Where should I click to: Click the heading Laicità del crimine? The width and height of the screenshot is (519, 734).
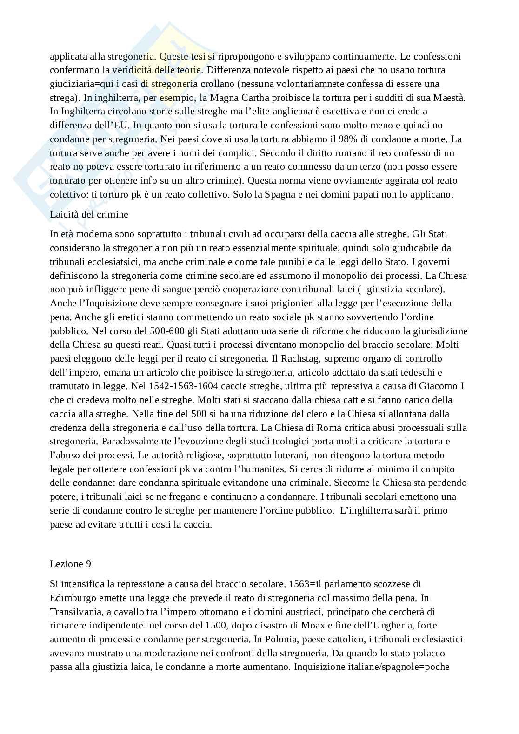point(89,214)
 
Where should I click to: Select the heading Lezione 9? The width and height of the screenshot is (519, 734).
point(70,563)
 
